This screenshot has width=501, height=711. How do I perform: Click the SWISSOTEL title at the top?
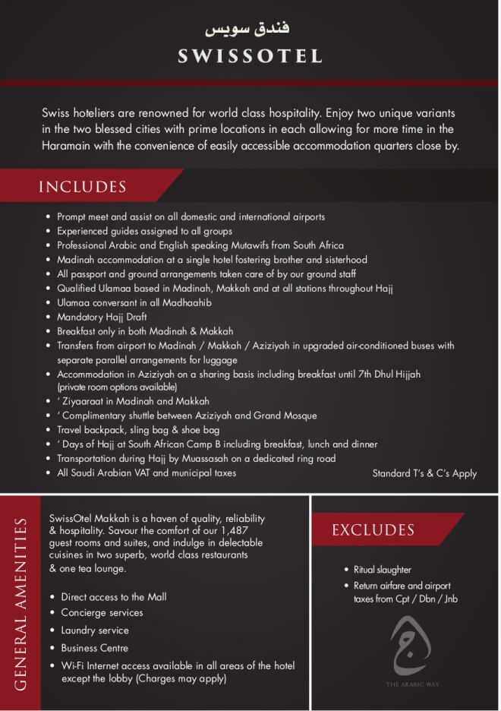pyautogui.click(x=250, y=55)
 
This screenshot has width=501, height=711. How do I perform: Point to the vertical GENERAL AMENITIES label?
pyautogui.click(x=20, y=604)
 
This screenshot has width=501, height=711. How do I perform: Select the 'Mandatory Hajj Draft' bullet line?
pyautogui.click(x=102, y=318)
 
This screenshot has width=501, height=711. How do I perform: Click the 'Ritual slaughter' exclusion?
pyautogui.click(x=383, y=570)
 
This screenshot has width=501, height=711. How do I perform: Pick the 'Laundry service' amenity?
pyautogui.click(x=95, y=630)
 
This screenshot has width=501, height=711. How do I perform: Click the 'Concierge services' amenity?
pyautogui.click(x=102, y=613)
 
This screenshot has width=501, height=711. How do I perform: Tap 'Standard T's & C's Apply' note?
pyautogui.click(x=424, y=473)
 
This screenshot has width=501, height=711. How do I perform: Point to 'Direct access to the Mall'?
pyautogui.click(x=114, y=597)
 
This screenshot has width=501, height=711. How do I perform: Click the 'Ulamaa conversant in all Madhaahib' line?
pyautogui.click(x=134, y=303)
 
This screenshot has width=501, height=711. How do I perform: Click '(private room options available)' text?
pyautogui.click(x=122, y=387)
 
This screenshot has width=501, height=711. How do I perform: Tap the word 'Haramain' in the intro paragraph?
pyautogui.click(x=70, y=146)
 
